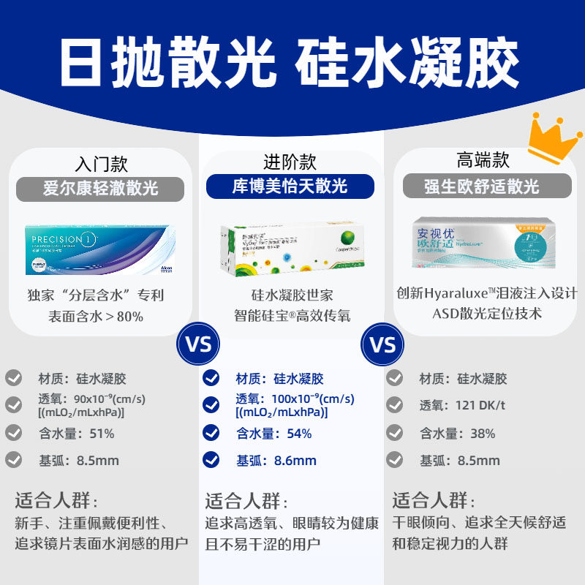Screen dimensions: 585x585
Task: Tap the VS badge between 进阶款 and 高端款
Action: click(x=383, y=344)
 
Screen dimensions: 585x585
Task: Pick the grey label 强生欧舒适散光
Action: click(x=482, y=186)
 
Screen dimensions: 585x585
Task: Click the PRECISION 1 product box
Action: click(x=100, y=249)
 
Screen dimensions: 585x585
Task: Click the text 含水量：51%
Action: click(x=76, y=433)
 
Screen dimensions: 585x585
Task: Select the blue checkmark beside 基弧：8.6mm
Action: click(x=211, y=460)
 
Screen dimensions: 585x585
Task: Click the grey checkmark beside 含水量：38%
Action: click(x=396, y=432)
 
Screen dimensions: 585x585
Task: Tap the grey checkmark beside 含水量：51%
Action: click(x=14, y=432)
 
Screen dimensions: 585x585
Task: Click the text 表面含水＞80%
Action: click(x=95, y=317)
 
